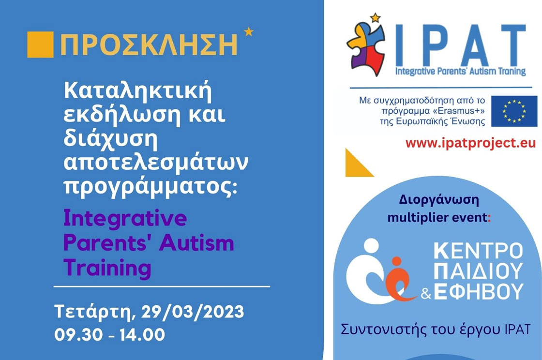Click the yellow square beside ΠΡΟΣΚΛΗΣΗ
(x=41, y=45)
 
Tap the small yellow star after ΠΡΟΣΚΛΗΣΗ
(x=249, y=32)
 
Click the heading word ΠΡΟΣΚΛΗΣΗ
(x=149, y=45)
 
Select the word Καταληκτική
(x=137, y=91)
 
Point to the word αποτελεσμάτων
(x=156, y=162)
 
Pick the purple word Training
(x=107, y=268)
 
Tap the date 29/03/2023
(x=193, y=312)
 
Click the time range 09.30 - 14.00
(x=109, y=335)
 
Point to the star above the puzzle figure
(x=375, y=17)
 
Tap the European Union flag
(x=514, y=111)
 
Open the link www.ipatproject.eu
(x=470, y=143)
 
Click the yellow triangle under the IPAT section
(x=358, y=164)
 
